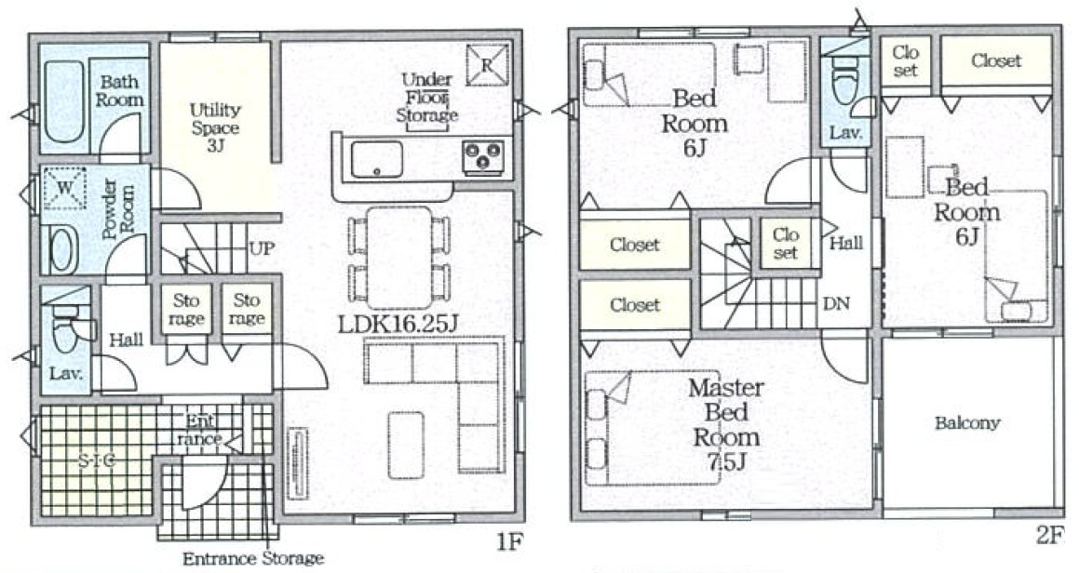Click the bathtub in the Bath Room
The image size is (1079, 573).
click(64, 101)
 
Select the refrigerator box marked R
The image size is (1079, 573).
click(487, 65)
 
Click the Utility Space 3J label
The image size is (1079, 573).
click(215, 127)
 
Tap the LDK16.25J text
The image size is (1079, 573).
click(398, 324)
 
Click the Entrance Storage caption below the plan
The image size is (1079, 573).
click(252, 558)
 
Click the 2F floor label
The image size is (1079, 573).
click(1050, 536)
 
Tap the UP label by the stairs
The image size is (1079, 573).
click(262, 248)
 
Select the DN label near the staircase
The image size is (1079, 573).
click(836, 303)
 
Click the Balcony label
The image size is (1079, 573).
click(967, 423)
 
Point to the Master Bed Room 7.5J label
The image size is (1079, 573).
click(726, 424)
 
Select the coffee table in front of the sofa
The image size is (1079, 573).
click(406, 445)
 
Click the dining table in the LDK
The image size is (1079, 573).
click(399, 258)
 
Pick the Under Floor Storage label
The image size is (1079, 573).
click(427, 97)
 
